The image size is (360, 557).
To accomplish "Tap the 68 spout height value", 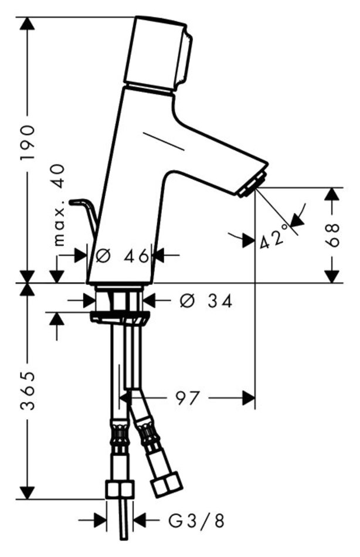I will click(332, 235).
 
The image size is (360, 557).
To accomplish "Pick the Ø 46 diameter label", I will click(123, 256).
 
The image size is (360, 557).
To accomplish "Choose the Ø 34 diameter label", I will click(205, 301).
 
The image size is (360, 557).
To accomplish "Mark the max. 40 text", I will click(59, 205).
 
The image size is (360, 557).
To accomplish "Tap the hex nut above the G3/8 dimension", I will click(120, 490).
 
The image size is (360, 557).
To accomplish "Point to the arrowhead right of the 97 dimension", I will click(249, 398).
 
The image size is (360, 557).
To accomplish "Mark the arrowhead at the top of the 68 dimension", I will click(332, 194).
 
